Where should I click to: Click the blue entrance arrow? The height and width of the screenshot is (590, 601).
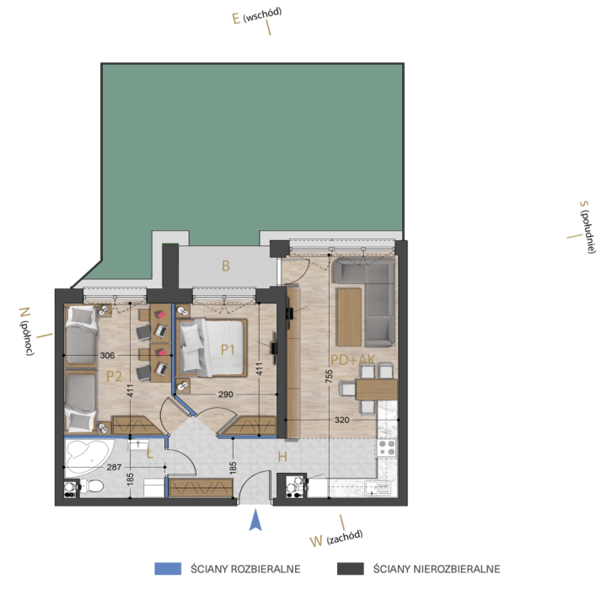coord(255,521)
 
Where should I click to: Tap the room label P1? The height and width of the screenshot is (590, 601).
coord(228,349)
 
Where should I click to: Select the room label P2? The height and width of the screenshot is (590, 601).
coord(114,376)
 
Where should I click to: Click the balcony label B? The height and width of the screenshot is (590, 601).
coord(226,265)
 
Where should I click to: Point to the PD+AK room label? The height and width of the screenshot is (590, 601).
coord(352,360)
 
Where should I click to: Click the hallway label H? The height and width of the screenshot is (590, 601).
coord(282,457)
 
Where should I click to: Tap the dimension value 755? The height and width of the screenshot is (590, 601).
coord(329,376)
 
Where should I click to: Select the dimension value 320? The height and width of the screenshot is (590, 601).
coord(342,421)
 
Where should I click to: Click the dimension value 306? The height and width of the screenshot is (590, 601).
coord(107,356)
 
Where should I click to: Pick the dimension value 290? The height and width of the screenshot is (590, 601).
coord(226,394)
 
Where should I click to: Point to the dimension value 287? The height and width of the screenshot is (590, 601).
coord(115,467)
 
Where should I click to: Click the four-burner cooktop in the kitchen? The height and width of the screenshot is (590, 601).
coord(387,448)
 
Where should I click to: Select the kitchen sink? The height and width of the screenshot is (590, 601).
coord(378,488)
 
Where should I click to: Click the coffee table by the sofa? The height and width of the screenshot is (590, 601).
coord(349,317)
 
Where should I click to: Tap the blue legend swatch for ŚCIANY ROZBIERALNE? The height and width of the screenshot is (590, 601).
coord(168,569)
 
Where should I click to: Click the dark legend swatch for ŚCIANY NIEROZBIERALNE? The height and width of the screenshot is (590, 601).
coord(351,569)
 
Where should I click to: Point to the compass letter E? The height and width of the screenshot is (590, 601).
coord(236,19)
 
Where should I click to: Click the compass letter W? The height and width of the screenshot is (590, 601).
coord(316,541)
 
